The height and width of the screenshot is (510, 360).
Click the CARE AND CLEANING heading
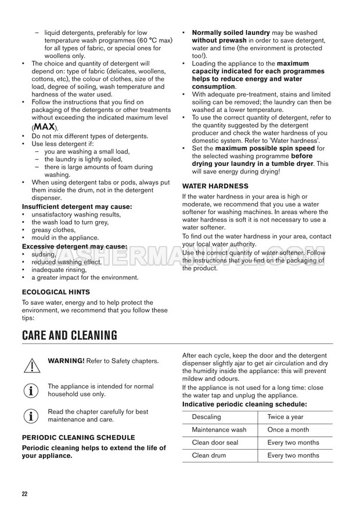[70, 335]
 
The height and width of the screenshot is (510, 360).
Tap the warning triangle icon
[31, 364]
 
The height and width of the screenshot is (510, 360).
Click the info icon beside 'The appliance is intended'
[31, 390]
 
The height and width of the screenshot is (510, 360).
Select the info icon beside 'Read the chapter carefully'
[31, 415]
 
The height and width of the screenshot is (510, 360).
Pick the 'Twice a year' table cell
[286, 417]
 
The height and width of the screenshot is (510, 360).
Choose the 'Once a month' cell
[289, 430]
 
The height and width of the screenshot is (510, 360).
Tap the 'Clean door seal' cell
[215, 443]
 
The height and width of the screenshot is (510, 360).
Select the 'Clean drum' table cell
[208, 455]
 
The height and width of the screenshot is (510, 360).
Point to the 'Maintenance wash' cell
[219, 430]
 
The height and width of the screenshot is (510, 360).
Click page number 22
[24, 494]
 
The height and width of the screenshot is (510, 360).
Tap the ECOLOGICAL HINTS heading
[56, 292]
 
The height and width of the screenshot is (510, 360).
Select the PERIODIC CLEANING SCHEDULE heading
[78, 437]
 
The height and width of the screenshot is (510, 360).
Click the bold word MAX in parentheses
[44, 127]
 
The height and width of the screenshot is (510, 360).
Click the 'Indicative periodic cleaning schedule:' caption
[244, 404]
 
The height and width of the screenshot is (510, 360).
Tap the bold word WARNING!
[66, 361]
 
